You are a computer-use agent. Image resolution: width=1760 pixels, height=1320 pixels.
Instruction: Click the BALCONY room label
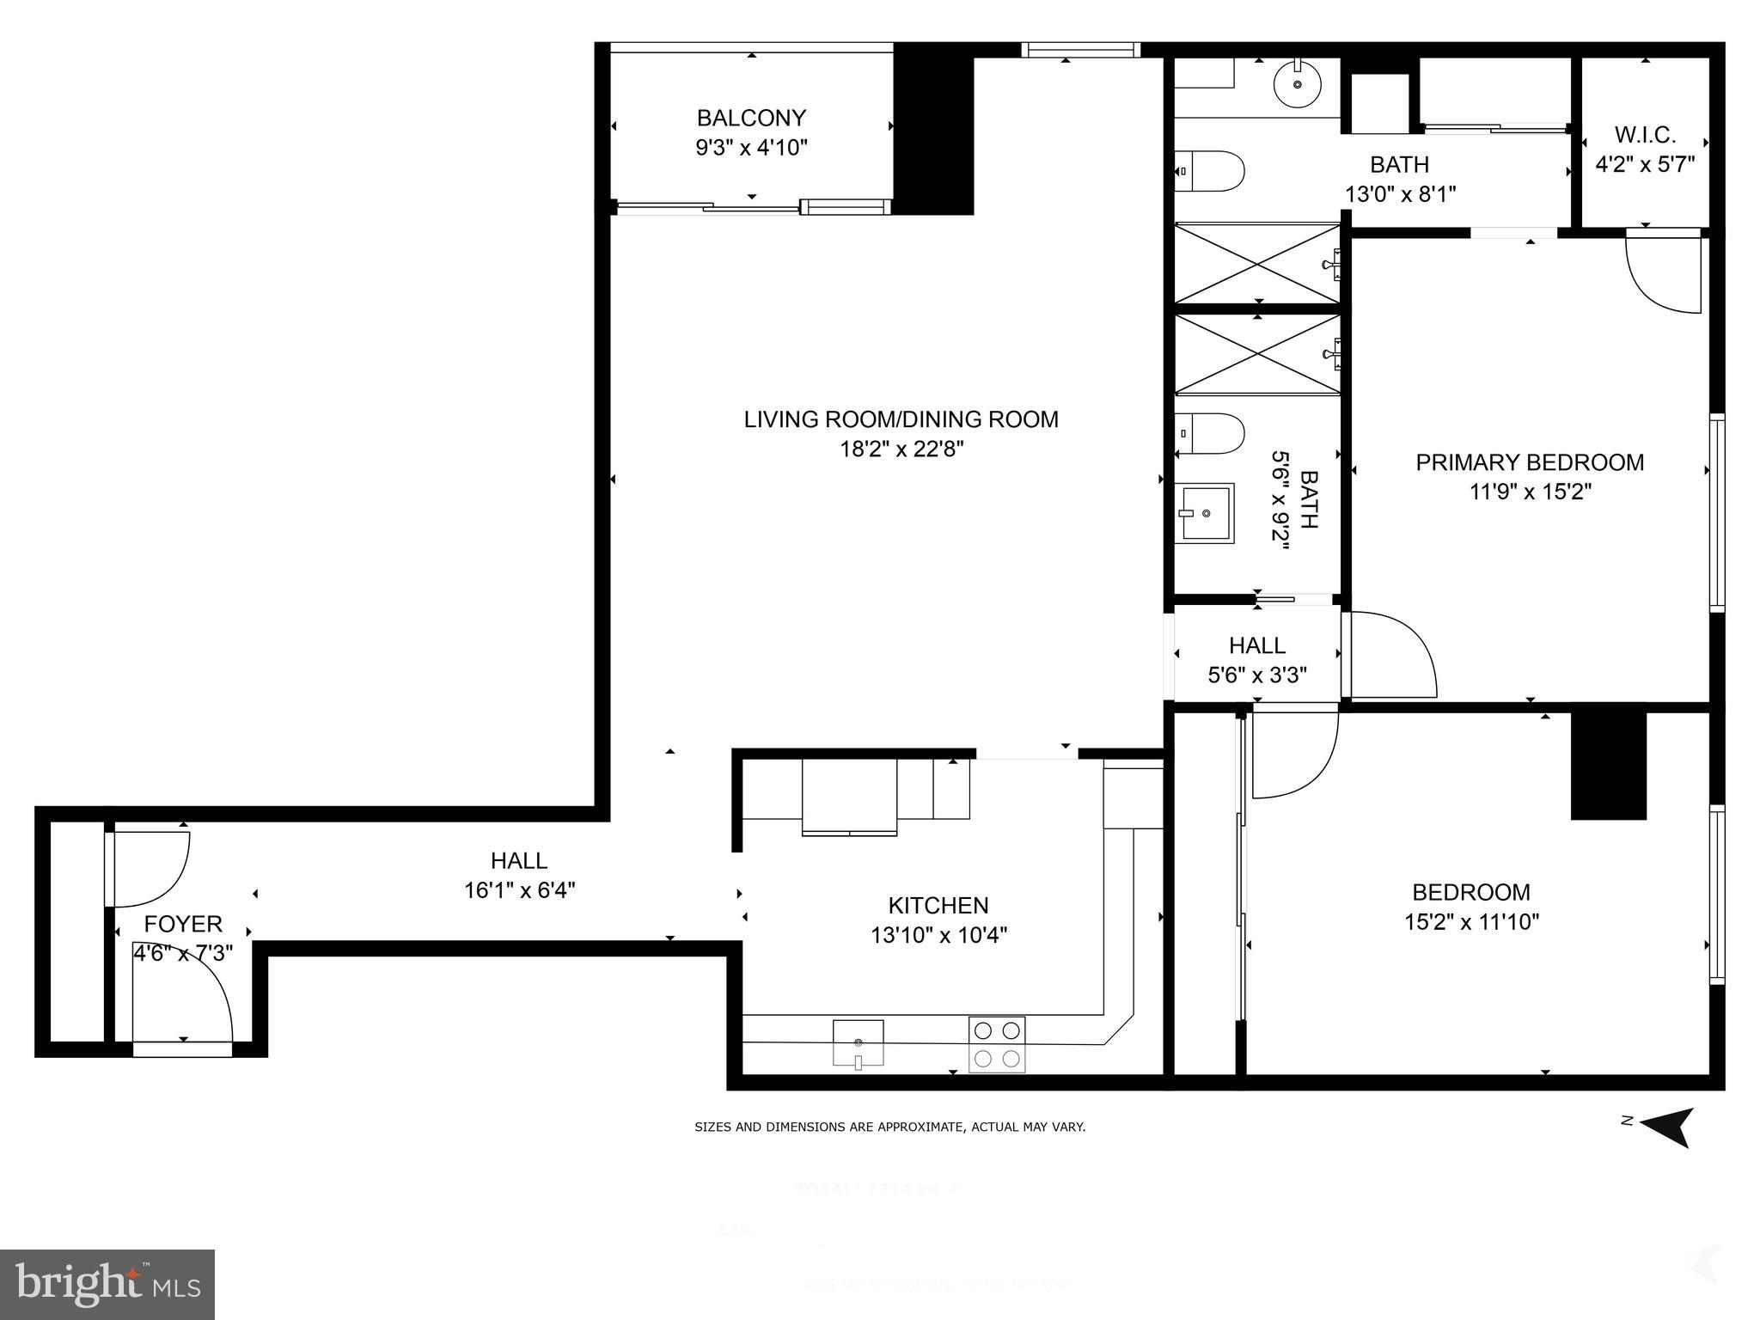[x=751, y=118]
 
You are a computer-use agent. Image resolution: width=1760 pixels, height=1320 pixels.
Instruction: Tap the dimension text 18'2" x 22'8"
[x=901, y=449]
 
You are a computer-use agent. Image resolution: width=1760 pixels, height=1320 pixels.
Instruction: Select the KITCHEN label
[x=938, y=905]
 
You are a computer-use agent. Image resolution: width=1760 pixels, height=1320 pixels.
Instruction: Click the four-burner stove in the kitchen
[x=997, y=1044]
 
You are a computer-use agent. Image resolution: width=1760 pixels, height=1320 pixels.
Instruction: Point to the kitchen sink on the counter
[x=858, y=1043]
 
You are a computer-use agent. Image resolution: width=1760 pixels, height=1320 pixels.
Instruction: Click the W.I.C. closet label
[x=1645, y=135]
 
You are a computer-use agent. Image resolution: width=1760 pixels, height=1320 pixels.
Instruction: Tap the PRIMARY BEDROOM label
[x=1530, y=462]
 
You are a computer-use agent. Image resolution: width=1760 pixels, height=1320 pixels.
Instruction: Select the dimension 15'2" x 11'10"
[x=1471, y=922]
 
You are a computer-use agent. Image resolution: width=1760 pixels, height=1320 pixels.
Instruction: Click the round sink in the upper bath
[x=1297, y=84]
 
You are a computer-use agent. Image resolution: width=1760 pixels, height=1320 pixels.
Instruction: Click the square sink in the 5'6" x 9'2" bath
[x=1205, y=513]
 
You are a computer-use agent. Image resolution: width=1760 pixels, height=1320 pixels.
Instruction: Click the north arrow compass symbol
[x=1667, y=1126]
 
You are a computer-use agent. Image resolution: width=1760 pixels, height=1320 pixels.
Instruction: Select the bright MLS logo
[x=107, y=1284]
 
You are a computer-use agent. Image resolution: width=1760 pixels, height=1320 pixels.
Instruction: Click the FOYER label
[x=183, y=924]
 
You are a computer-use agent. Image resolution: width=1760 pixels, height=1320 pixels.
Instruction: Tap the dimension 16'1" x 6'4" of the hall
[x=519, y=890]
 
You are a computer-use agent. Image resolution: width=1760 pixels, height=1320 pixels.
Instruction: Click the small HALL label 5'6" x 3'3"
[x=1257, y=645]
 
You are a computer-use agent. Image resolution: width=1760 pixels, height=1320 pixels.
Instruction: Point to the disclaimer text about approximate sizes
[x=889, y=1127]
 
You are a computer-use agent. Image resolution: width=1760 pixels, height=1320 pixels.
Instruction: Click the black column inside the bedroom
[x=1608, y=763]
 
